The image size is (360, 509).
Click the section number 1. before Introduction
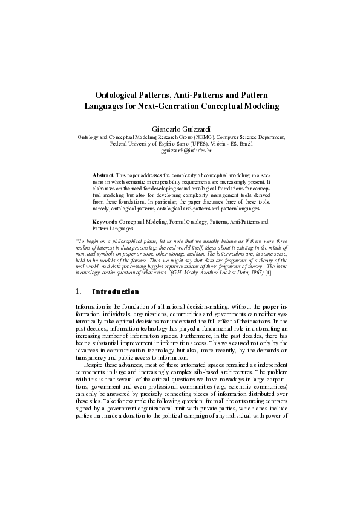[x=77, y=292]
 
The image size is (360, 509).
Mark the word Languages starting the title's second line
[x=103, y=106]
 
